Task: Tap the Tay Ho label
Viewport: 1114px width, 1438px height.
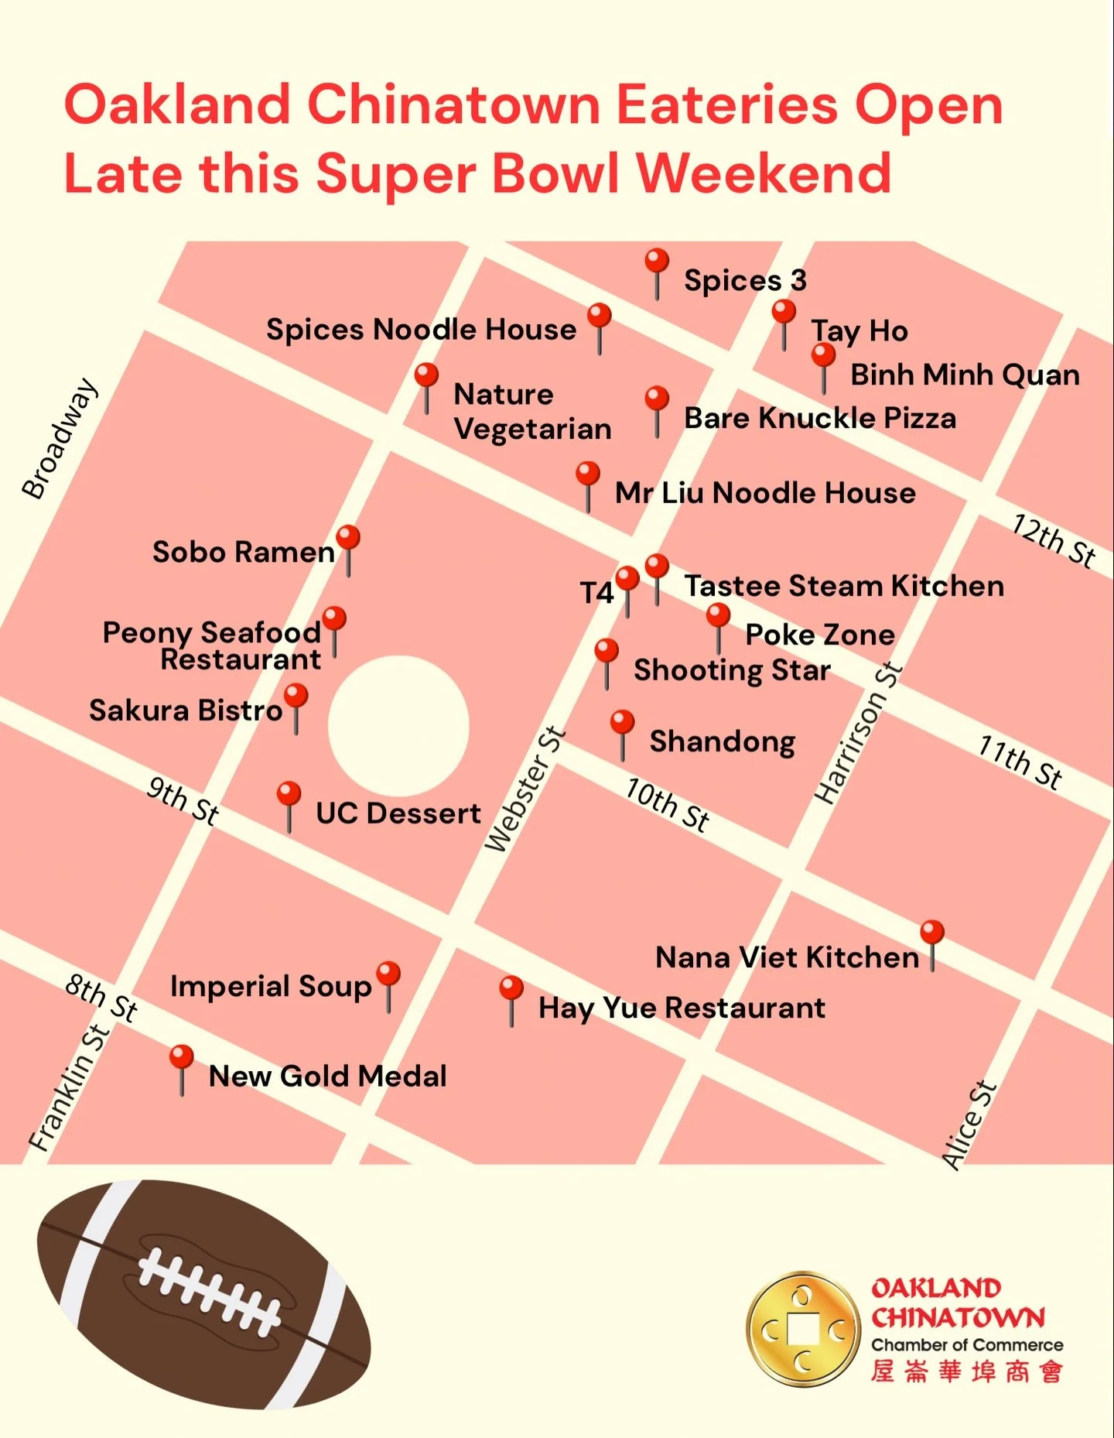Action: click(x=859, y=331)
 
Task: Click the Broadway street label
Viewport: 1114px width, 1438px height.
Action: click(x=60, y=438)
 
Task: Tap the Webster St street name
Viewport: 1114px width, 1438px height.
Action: click(x=525, y=789)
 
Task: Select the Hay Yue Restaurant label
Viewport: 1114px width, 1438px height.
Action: click(x=682, y=1008)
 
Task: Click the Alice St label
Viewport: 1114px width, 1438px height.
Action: click(x=969, y=1125)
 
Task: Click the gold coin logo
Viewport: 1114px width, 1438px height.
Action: click(x=803, y=1329)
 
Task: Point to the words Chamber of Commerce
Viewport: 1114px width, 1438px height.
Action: click(x=967, y=1345)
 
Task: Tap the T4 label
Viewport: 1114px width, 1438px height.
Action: click(x=596, y=593)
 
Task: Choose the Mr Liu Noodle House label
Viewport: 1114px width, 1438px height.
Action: click(x=765, y=493)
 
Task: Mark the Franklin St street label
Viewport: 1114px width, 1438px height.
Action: click(x=69, y=1087)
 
